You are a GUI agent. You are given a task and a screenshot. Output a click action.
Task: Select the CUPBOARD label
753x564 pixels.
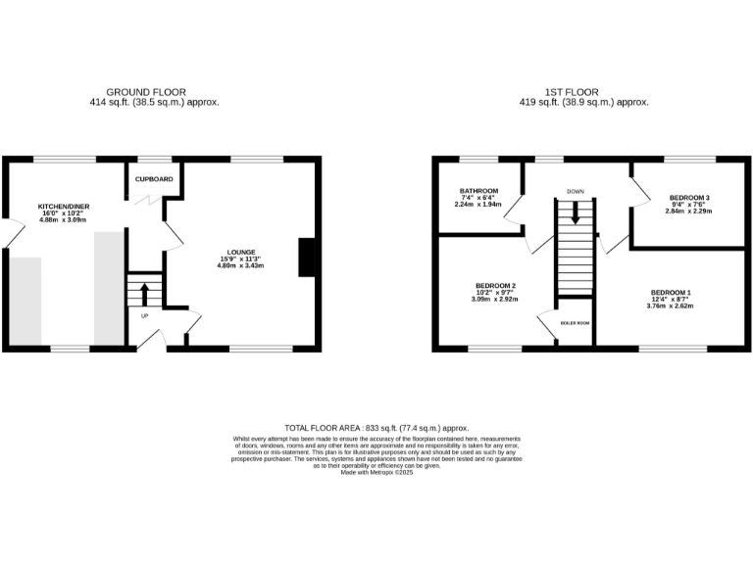[154, 179]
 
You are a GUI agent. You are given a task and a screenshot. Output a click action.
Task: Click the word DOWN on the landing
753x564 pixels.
[575, 190]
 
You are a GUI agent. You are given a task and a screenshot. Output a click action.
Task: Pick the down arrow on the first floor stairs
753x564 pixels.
[576, 212]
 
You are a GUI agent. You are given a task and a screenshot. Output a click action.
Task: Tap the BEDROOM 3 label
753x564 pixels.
[688, 197]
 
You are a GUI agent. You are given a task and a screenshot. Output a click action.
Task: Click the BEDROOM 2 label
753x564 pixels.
[495, 285]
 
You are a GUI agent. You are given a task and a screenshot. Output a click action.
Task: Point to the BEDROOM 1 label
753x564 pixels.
[670, 292]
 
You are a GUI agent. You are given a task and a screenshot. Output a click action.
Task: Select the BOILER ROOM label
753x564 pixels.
[575, 321]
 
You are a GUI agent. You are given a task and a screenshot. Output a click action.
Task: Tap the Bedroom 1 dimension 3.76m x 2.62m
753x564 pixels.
[670, 305]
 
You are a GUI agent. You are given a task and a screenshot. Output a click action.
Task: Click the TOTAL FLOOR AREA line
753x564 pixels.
[376, 428]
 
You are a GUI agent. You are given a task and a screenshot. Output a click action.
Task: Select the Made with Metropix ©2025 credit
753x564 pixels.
[376, 473]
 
